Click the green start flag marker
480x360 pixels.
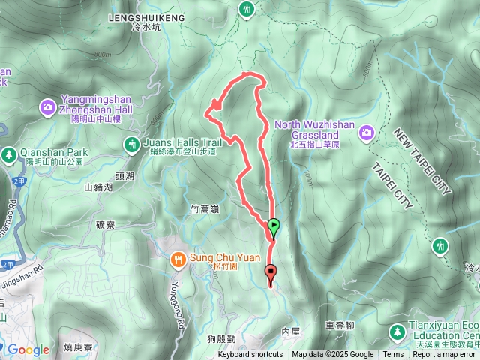pyautogui.click(x=274, y=225)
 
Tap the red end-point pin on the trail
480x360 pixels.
pyautogui.click(x=271, y=273)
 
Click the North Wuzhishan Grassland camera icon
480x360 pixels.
pyautogui.click(x=367, y=133)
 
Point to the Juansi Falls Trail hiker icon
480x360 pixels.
pyautogui.click(x=132, y=142)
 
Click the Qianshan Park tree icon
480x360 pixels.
pyautogui.click(x=9, y=153)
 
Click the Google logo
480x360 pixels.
pyautogui.click(x=28, y=349)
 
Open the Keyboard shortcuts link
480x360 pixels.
pyautogui.click(x=250, y=355)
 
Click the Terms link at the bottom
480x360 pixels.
pyautogui.click(x=393, y=355)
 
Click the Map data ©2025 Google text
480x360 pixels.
pyautogui.click(x=332, y=355)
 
